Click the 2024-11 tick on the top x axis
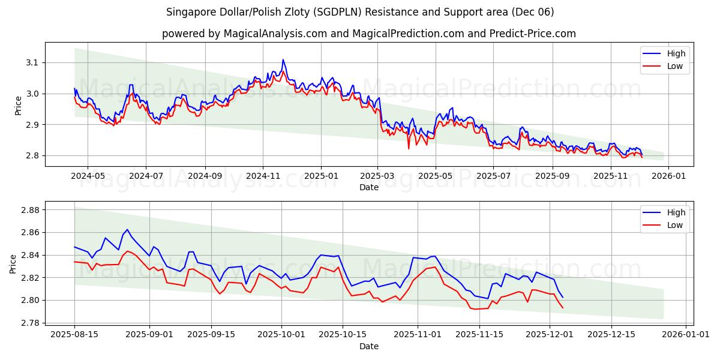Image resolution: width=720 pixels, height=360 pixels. (263, 176)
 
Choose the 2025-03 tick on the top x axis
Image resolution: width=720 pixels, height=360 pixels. (377, 176)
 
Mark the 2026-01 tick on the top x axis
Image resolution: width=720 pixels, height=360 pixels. (668, 176)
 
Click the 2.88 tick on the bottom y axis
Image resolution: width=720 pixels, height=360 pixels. (29, 210)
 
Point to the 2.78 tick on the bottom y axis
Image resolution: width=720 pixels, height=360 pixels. (29, 323)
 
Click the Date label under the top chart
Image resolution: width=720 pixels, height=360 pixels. (368, 187)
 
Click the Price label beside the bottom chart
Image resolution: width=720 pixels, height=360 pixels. (13, 263)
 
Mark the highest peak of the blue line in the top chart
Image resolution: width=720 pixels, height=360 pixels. (283, 59)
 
